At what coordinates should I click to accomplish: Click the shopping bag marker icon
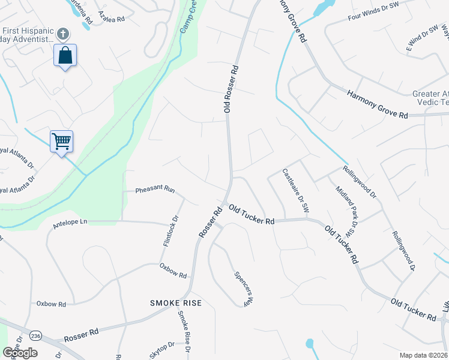click(65, 56)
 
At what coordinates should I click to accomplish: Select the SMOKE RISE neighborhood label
click(176, 304)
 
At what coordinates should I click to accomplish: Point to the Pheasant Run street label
click(154, 190)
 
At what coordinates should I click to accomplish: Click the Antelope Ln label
click(70, 222)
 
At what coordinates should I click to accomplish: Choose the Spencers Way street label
click(243, 289)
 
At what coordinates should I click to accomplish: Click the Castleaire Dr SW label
click(295, 191)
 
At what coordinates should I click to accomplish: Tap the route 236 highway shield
click(35, 335)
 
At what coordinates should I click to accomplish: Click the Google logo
click(20, 353)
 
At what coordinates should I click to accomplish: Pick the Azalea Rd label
click(111, 16)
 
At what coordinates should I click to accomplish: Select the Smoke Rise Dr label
click(182, 331)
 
